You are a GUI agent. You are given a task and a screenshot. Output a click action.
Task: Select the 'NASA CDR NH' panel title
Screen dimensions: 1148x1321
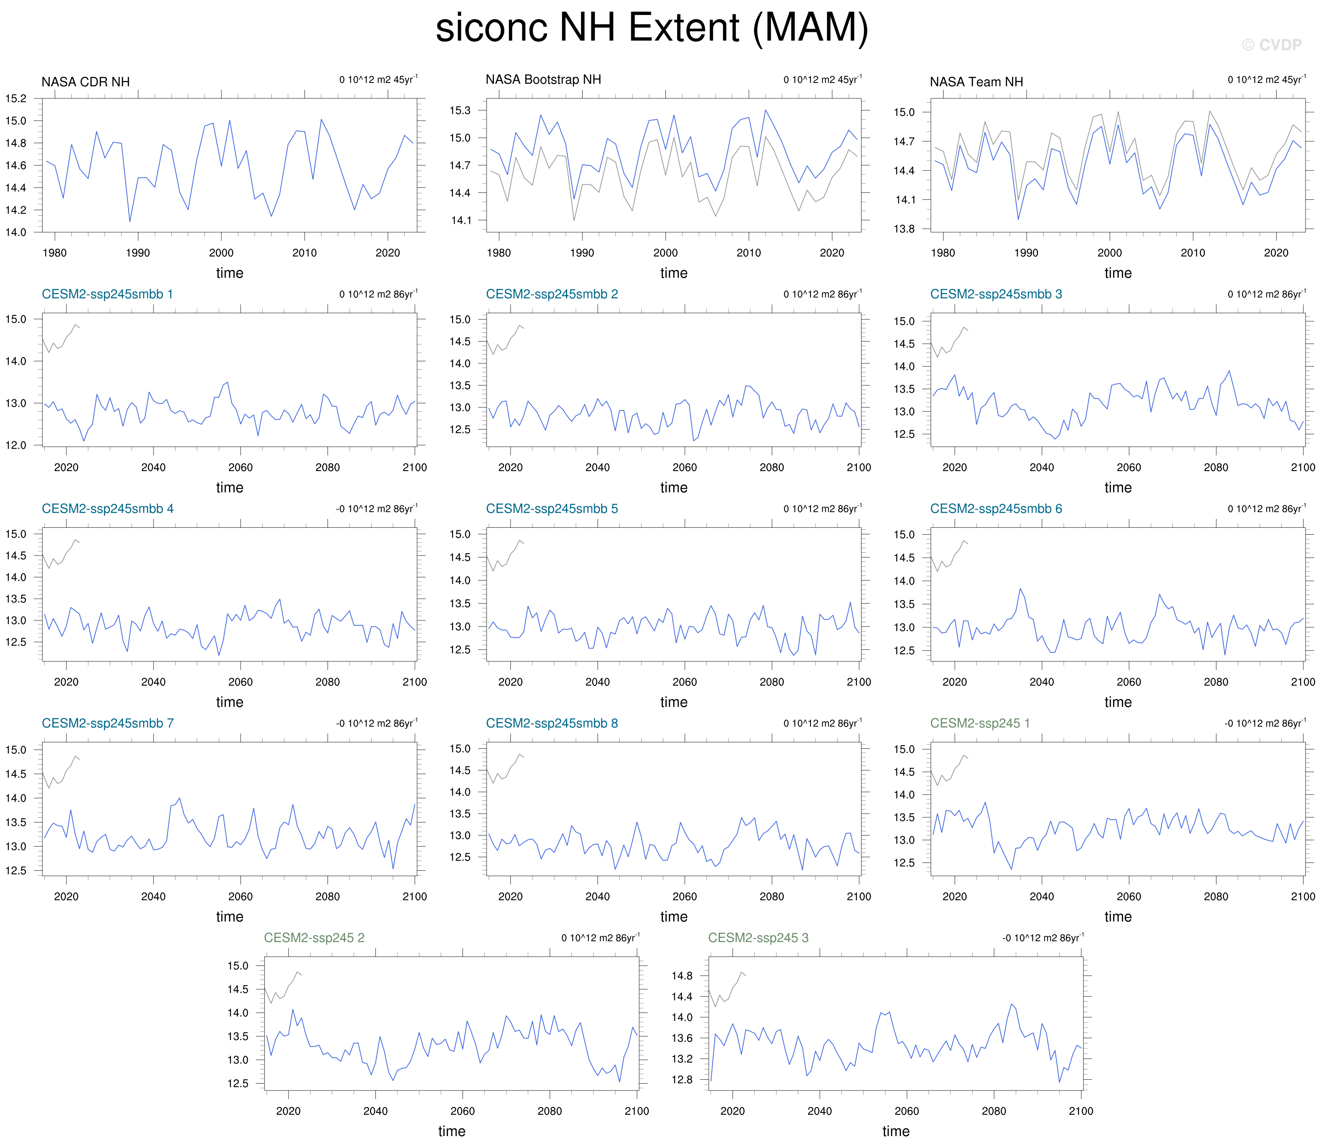[85, 82]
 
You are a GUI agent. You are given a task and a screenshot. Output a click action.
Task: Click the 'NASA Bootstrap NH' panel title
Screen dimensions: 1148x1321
[543, 79]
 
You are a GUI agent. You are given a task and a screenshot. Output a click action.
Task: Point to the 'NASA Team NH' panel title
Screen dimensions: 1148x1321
[976, 82]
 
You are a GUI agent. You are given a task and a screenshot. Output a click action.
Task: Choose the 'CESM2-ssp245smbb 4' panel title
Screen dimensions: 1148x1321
[108, 509]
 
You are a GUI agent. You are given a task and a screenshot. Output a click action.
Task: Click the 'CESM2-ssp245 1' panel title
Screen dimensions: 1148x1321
[980, 723]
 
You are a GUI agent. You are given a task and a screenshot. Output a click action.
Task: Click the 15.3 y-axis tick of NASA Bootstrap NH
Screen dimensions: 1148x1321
[459, 110]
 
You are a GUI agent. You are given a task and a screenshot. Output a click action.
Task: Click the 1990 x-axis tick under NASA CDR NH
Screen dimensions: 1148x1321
[138, 253]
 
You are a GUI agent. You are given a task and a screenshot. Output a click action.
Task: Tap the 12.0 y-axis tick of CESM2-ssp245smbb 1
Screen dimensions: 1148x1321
[16, 445]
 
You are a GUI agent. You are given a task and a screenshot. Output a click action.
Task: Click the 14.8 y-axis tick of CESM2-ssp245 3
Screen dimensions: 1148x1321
[682, 976]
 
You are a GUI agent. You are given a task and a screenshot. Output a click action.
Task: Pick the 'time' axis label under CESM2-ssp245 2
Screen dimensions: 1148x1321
[452, 1131]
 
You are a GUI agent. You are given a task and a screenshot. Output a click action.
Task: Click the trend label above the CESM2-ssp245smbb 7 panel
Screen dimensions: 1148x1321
[377, 723]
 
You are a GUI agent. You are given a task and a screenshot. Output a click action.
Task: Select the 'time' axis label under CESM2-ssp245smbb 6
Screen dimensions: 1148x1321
[1118, 702]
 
